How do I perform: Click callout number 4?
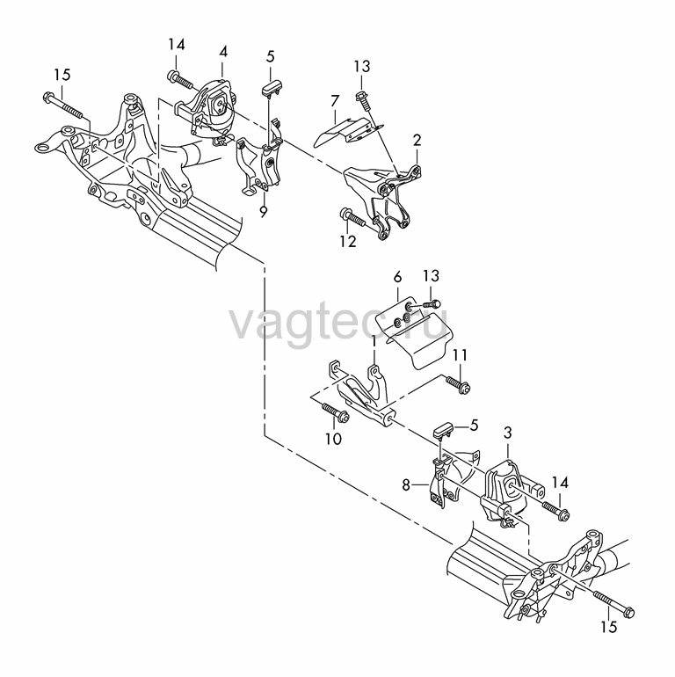pyautogui.click(x=223, y=52)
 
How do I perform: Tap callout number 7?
pyautogui.click(x=335, y=101)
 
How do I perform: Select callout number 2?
pyautogui.click(x=417, y=141)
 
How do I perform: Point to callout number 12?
pyautogui.click(x=348, y=242)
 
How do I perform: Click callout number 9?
pyautogui.click(x=264, y=212)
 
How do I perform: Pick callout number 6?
pyautogui.click(x=397, y=277)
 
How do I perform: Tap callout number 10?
pyautogui.click(x=333, y=439)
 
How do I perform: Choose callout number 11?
pyautogui.click(x=460, y=355)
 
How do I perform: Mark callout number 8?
pyautogui.click(x=406, y=484)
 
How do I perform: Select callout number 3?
pyautogui.click(x=507, y=433)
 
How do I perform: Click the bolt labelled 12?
pyautogui.click(x=353, y=218)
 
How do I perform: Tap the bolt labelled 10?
pyautogui.click(x=336, y=411)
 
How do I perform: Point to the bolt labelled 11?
pyautogui.click(x=458, y=383)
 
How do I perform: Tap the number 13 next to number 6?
pyautogui.click(x=431, y=276)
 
